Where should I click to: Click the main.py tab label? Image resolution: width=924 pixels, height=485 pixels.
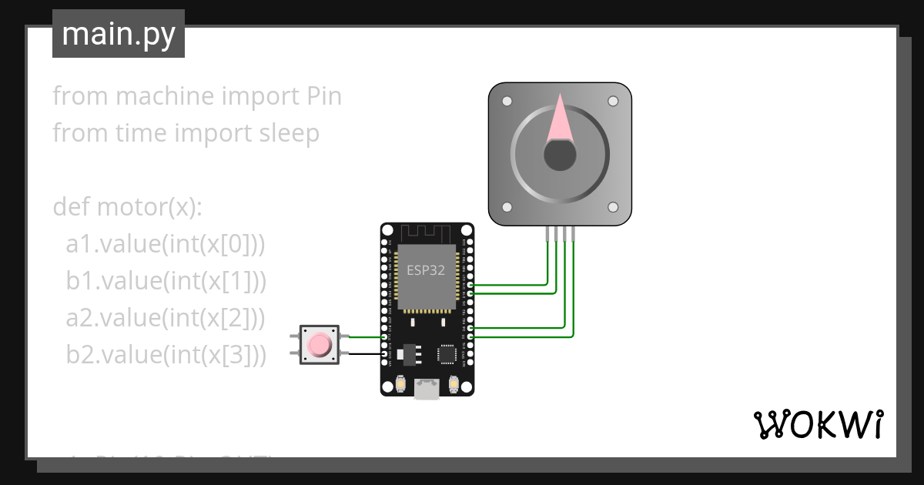118,34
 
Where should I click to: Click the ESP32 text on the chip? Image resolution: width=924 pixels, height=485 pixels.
426,270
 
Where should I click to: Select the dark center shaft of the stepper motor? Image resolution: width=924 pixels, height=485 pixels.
560,156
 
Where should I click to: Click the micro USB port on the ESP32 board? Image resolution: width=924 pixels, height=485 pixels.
427,390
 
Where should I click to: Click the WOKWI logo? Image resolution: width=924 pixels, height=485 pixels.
817,424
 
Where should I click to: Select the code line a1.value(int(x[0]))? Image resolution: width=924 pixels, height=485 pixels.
166,244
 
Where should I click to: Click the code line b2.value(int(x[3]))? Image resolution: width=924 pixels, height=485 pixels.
166,355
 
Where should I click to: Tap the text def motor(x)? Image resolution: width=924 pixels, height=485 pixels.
127,207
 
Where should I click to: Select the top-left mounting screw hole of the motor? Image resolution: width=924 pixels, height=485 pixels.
507,102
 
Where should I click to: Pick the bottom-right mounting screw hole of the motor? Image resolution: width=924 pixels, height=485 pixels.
613,207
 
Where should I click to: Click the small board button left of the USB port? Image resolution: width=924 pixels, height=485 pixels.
401,383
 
